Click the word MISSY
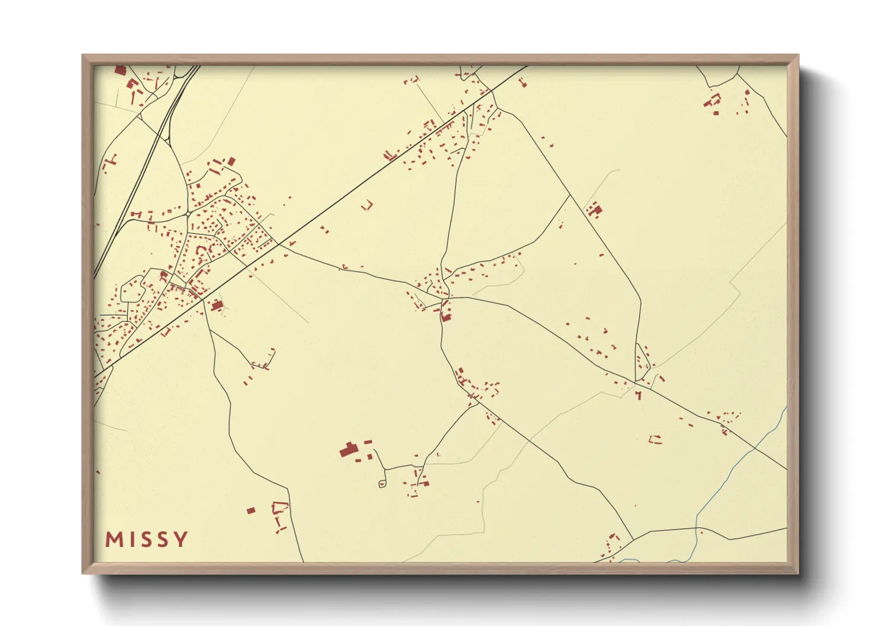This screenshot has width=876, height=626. (147, 539)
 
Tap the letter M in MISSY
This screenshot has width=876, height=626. (113, 539)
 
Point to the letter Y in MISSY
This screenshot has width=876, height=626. (181, 539)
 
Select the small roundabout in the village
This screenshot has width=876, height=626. (188, 214)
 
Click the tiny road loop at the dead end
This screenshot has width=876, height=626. (382, 484)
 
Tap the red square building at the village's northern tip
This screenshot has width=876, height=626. (231, 161)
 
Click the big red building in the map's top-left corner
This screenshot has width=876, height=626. (120, 70)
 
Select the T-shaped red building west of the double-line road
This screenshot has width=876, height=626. (110, 160)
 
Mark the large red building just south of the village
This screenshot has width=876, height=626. (217, 305)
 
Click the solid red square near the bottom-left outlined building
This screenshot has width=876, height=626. (251, 510)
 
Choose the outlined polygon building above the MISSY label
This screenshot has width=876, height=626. (279, 507)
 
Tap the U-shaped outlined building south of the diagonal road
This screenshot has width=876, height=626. (368, 205)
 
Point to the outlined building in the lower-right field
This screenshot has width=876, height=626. (655, 439)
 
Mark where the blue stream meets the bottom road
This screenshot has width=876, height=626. (697, 528)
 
